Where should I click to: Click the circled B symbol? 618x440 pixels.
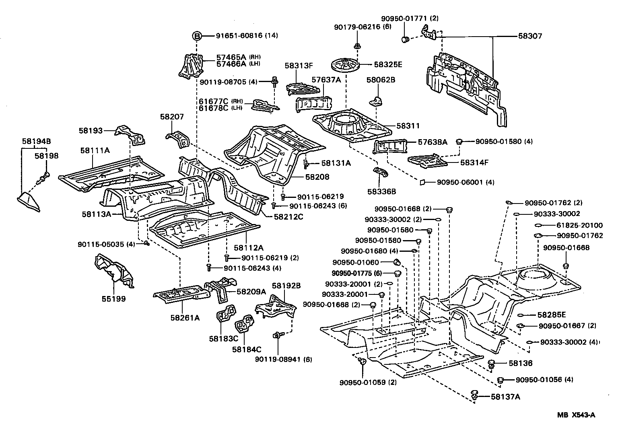coord(197,36)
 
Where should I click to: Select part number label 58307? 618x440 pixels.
coord(530,36)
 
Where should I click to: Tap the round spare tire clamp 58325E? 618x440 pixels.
coord(344,65)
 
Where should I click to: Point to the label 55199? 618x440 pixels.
coord(113,299)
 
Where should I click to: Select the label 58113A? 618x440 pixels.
coord(97,214)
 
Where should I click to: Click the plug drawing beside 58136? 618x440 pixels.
coord(491,364)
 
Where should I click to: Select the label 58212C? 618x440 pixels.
coord(288,217)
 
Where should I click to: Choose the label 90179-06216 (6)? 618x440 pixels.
coord(363,27)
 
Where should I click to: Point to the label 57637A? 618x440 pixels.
coord(326,80)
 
